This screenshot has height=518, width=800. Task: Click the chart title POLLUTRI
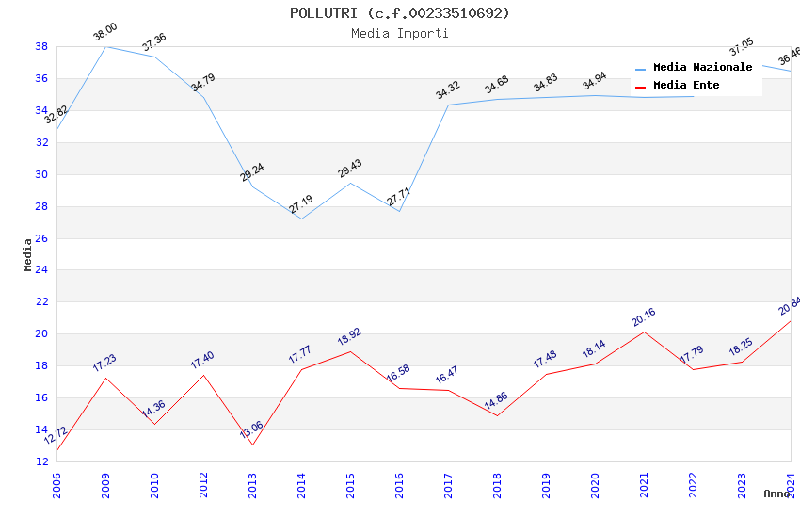tap(399, 13)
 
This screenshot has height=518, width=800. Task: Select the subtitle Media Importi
tap(399, 33)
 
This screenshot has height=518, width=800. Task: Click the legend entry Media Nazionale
tap(702, 67)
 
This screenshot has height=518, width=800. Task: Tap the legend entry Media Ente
tap(686, 85)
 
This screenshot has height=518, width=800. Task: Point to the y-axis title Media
tap(27, 254)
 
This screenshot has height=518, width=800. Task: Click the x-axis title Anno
tap(776, 494)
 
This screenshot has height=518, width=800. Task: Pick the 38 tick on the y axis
tap(41, 46)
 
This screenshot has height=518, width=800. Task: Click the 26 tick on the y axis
tap(41, 238)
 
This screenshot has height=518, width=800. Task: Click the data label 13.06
tap(251, 431)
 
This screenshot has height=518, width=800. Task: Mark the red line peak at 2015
tap(350, 351)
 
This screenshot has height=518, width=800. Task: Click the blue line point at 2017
tap(448, 105)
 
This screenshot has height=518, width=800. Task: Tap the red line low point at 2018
tap(497, 416)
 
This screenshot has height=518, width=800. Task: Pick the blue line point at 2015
tap(350, 183)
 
